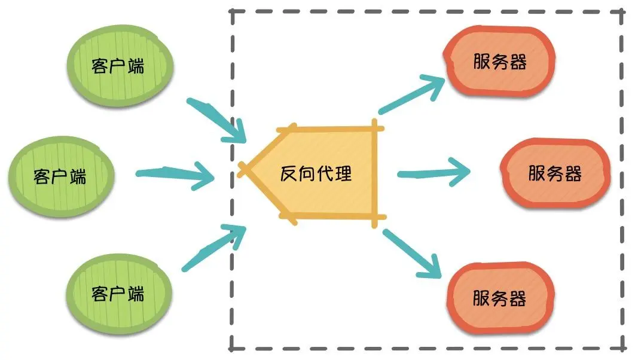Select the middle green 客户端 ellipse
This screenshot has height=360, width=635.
tap(60, 175)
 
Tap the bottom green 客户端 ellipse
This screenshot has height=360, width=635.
tap(118, 292)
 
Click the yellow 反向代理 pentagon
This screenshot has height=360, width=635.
tap(323, 175)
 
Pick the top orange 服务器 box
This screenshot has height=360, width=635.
tap(499, 62)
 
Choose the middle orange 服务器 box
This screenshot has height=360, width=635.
tap(555, 174)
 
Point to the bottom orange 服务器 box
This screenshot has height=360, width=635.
tap(500, 298)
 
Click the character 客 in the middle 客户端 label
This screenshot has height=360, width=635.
tap(42, 176)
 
